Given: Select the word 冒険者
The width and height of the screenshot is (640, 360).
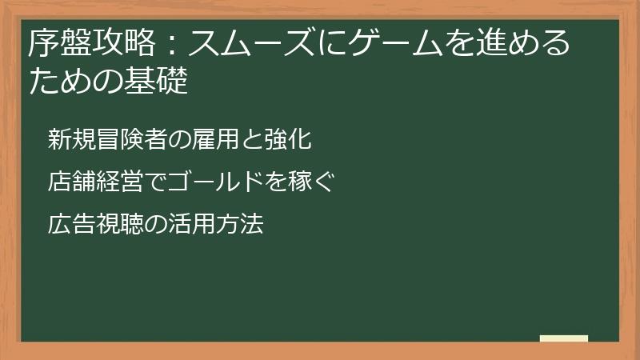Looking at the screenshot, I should (125, 139).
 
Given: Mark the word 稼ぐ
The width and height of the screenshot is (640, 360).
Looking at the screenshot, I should (311, 182).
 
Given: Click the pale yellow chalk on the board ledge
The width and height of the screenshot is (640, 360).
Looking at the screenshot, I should (564, 338).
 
